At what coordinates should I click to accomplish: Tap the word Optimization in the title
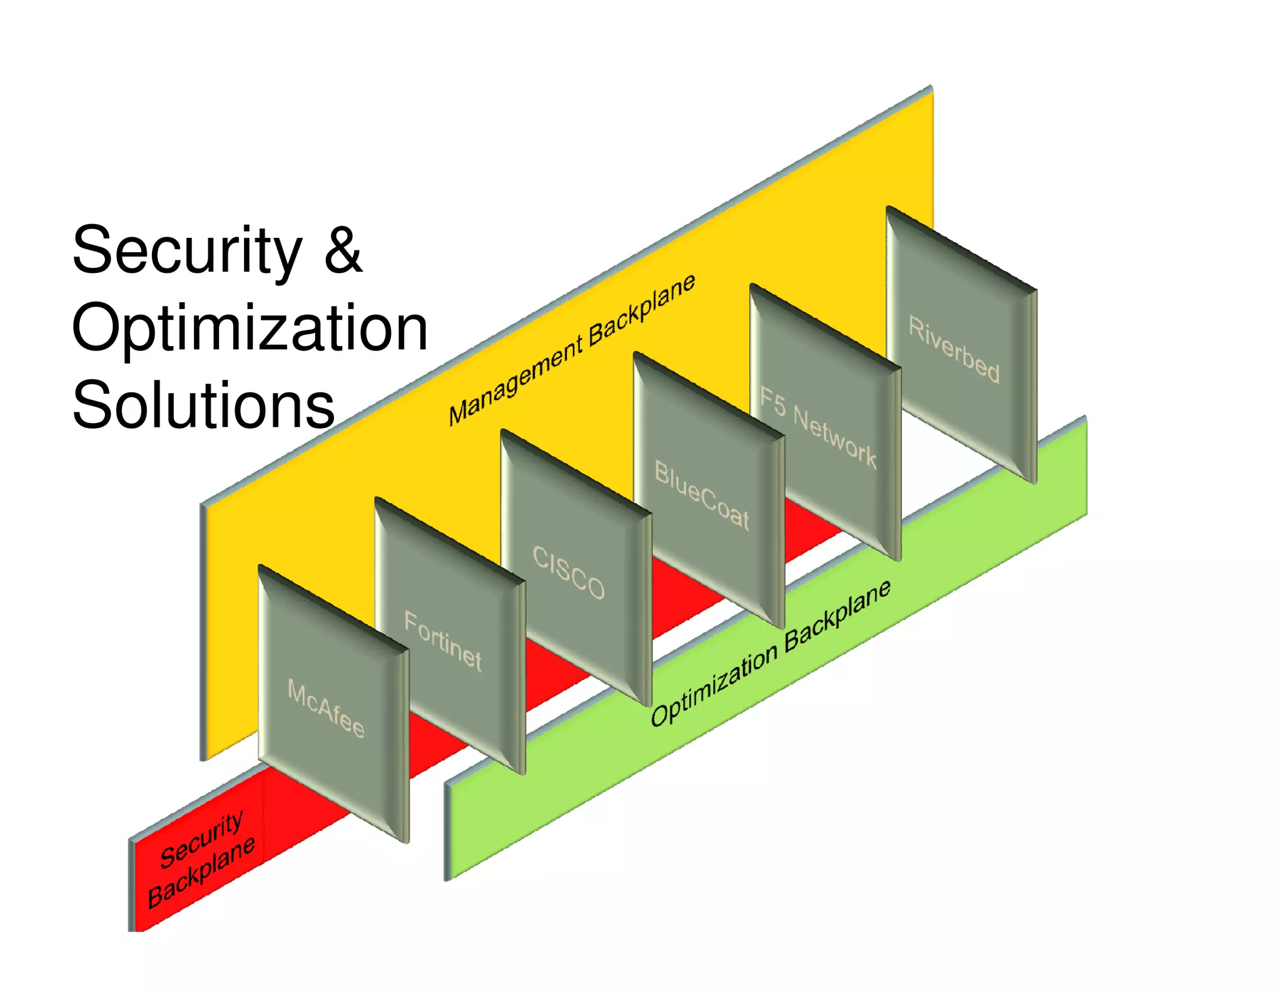click(250, 328)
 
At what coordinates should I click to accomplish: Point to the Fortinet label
click(443, 641)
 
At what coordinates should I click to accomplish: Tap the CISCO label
click(568, 573)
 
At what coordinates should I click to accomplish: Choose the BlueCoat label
click(701, 495)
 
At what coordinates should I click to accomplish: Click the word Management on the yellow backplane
click(516, 382)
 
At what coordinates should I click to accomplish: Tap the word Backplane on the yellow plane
click(642, 309)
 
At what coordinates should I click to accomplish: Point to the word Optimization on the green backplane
click(714, 685)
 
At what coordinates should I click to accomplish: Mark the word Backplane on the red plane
click(201, 872)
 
